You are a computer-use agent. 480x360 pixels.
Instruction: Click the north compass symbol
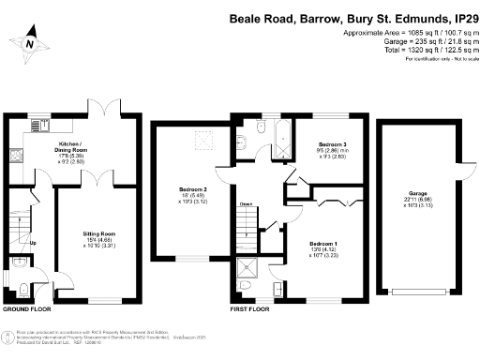point(31,43)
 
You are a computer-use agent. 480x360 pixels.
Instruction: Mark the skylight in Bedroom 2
point(200,142)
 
